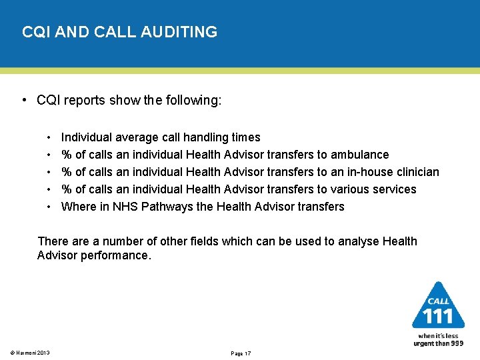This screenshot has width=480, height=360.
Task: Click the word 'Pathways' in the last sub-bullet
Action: (170, 207)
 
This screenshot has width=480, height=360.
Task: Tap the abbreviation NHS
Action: (130, 207)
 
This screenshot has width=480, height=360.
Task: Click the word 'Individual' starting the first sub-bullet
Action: (87, 137)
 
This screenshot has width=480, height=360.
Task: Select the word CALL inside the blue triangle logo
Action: (438, 301)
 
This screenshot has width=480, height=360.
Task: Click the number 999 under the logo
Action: (457, 343)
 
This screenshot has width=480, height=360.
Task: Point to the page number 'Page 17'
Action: (241, 353)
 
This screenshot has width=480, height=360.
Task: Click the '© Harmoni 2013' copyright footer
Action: (30, 353)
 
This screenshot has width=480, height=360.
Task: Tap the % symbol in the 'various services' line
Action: (67, 189)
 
